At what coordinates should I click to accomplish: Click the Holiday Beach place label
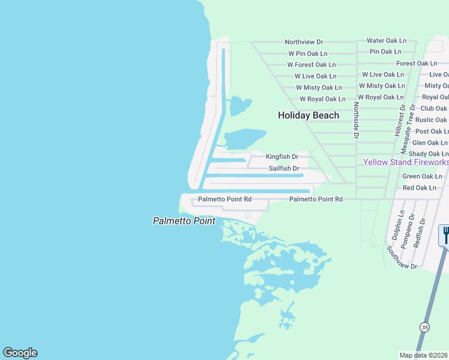click(309, 115)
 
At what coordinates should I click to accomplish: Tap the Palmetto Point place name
click(184, 221)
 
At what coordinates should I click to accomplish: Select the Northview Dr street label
click(304, 42)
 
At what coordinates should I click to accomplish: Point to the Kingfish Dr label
click(283, 157)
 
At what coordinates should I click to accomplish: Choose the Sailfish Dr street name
click(284, 169)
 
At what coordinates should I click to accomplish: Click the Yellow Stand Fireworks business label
click(406, 163)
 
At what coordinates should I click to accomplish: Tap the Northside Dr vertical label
click(356, 121)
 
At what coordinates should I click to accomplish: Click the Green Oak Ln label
click(422, 176)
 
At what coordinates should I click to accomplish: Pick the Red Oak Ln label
click(423, 188)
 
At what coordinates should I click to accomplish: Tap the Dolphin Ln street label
click(400, 223)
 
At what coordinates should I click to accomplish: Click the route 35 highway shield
click(424, 327)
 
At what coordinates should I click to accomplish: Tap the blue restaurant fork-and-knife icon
click(445, 234)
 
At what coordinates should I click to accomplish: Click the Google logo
click(20, 353)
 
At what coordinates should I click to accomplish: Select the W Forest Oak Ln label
click(312, 65)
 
